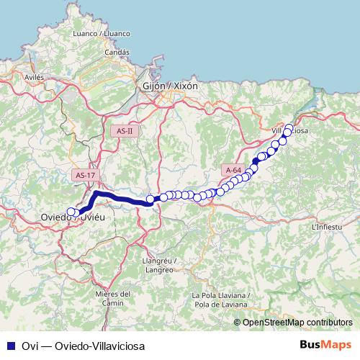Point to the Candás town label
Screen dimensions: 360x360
tap(117, 52)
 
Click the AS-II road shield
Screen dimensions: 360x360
tap(125, 130)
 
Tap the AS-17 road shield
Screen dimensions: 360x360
tap(85, 175)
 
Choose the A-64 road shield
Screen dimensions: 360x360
tap(233, 170)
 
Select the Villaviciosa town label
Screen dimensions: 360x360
tap(291, 131)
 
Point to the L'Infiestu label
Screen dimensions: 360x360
tap(326, 227)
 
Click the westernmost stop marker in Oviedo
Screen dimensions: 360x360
tap(71, 212)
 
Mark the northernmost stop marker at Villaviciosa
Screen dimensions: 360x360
tap(289, 128)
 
